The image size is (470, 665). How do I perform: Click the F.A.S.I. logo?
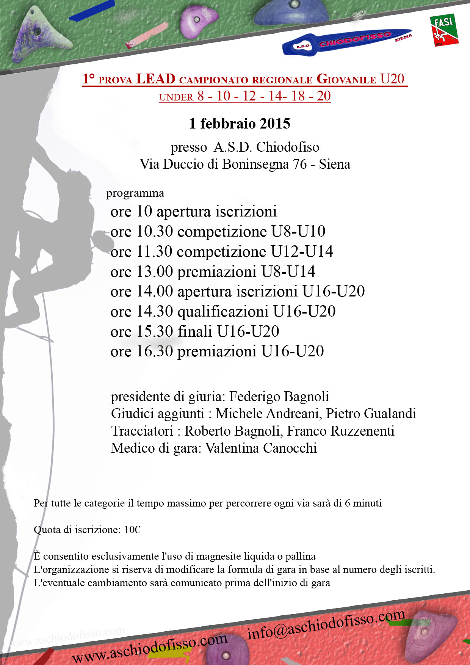point(444,30)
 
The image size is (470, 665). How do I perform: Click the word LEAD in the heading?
point(156,79)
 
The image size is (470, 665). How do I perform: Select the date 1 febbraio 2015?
point(240,124)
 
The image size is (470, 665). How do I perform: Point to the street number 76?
point(300,164)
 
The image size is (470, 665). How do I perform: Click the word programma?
point(135,193)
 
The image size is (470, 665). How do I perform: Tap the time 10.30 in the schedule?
point(154,231)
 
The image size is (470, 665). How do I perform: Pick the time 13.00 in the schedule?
point(154,271)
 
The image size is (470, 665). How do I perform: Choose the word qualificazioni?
point(223,312)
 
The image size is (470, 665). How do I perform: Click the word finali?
point(195,331)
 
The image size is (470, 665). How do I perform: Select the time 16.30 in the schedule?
point(154,351)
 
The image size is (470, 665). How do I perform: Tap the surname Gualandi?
point(390,414)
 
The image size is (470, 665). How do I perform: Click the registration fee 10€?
point(132,530)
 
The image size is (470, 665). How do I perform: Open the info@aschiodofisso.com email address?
point(326,624)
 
